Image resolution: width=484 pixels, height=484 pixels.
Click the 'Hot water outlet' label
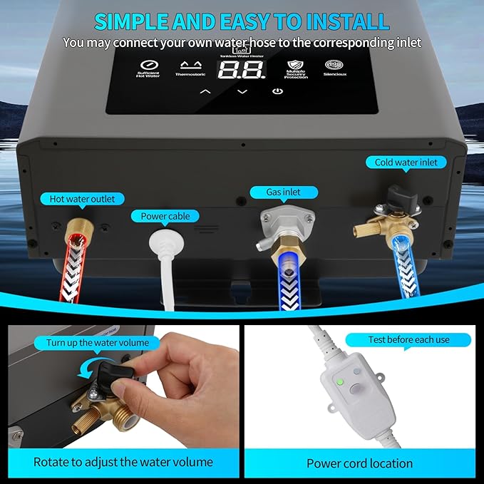(x=82, y=199)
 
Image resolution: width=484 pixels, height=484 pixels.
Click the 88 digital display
(x=242, y=69)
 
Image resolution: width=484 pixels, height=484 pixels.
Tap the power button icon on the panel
(x=277, y=91)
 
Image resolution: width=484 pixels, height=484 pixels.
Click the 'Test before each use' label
(x=408, y=339)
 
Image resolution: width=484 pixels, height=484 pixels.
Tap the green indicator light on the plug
(x=341, y=381)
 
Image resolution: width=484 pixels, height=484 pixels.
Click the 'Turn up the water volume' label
(x=98, y=343)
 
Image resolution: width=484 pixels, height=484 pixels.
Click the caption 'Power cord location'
(x=359, y=463)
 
